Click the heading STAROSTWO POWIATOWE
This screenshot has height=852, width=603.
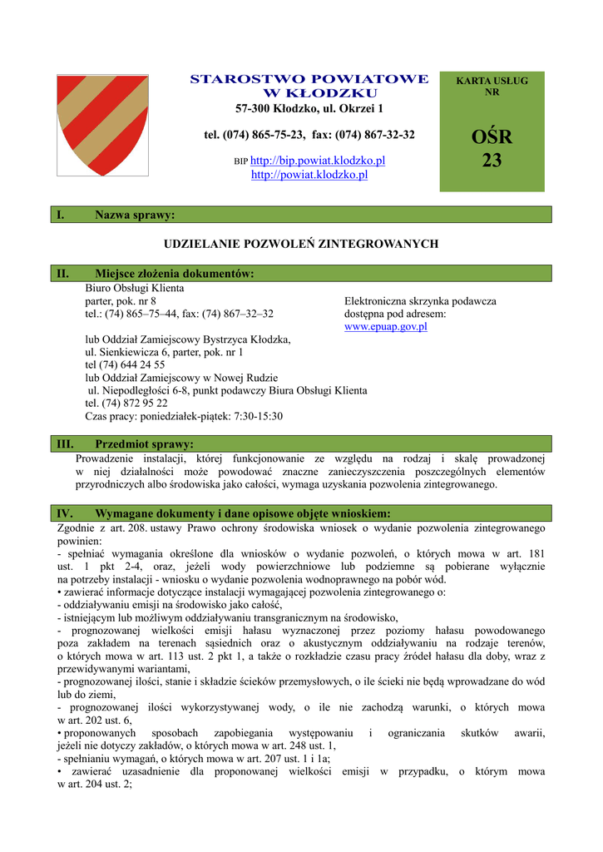click(x=309, y=79)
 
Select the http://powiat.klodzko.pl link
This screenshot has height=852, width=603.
click(x=309, y=175)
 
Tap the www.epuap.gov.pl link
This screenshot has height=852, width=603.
click(x=386, y=327)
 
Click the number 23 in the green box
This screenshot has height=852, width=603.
click(x=492, y=161)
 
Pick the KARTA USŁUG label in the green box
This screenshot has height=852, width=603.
click(x=492, y=81)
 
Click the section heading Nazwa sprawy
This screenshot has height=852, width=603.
click(x=135, y=215)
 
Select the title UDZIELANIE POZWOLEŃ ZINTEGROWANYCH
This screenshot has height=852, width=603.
click(x=301, y=244)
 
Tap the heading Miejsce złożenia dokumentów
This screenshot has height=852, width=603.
click(x=175, y=274)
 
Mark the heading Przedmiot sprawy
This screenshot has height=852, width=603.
click(x=144, y=444)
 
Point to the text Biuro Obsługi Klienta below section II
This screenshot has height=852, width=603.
click(x=135, y=288)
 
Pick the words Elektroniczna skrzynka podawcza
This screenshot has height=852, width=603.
click(x=420, y=301)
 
